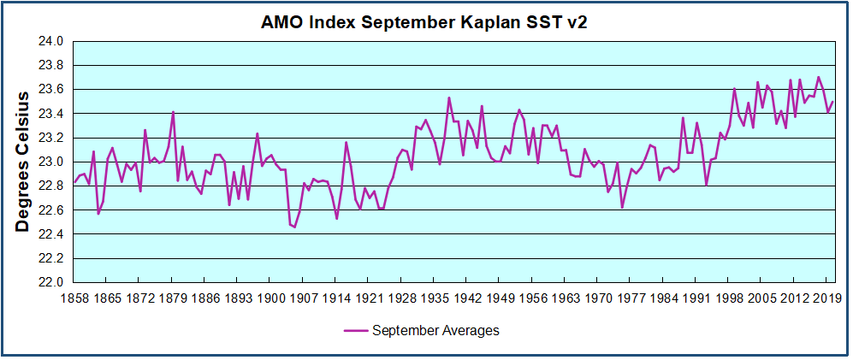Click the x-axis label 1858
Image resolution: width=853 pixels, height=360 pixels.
pos(74,298)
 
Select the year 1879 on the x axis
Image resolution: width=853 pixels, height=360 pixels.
pos(173,298)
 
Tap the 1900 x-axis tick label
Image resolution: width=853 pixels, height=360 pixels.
pos(270,298)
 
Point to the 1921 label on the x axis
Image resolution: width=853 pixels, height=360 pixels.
pos(368,298)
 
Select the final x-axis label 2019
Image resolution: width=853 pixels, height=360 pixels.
pos(825,298)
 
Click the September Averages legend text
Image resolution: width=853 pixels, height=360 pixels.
pos(435,330)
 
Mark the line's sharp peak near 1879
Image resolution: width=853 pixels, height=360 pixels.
pos(173,112)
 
